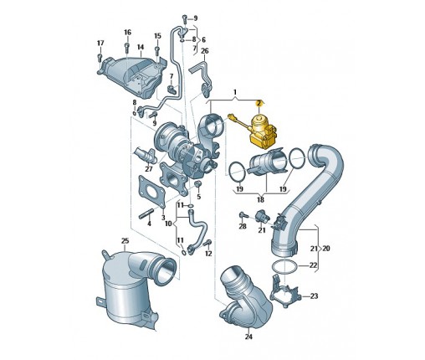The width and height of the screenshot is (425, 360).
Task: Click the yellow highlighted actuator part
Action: click(x=262, y=131)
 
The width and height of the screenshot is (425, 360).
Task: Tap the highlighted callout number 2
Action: click(x=259, y=104)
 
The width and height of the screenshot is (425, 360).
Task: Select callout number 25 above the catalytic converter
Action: click(x=125, y=240)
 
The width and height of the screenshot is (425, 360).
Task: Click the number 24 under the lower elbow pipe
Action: click(x=248, y=337)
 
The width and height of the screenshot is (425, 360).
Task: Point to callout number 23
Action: click(x=314, y=296)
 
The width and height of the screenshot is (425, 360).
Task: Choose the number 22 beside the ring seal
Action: click(x=314, y=265)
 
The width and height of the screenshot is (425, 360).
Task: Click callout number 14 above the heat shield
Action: click(x=141, y=47)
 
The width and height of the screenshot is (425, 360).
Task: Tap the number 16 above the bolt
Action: click(x=127, y=33)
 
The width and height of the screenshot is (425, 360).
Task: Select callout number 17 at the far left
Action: click(x=100, y=44)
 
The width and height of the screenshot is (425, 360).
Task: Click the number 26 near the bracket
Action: click(x=205, y=51)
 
